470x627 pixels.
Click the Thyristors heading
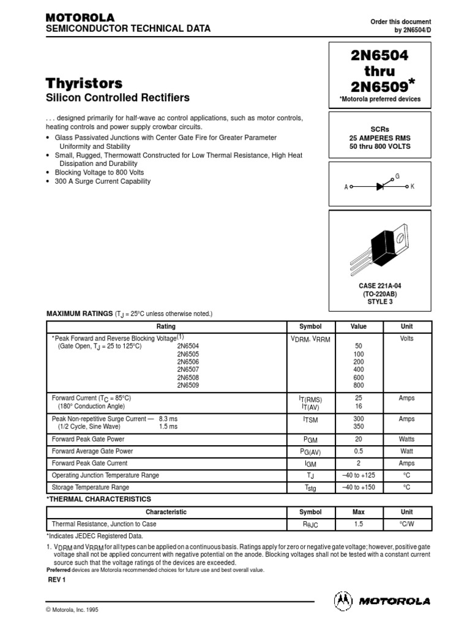84,83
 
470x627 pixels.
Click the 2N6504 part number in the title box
379,55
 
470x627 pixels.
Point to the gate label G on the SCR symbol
397,176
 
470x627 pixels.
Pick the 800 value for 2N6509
359,386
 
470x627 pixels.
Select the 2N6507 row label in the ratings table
188,370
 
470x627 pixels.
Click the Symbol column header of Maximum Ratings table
310,327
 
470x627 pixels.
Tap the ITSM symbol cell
310,419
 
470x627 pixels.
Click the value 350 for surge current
359,427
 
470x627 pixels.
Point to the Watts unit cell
406,439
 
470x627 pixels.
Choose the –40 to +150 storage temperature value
359,487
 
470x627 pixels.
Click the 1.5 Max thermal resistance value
359,524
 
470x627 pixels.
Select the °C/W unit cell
406,524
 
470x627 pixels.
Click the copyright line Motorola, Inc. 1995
72,610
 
